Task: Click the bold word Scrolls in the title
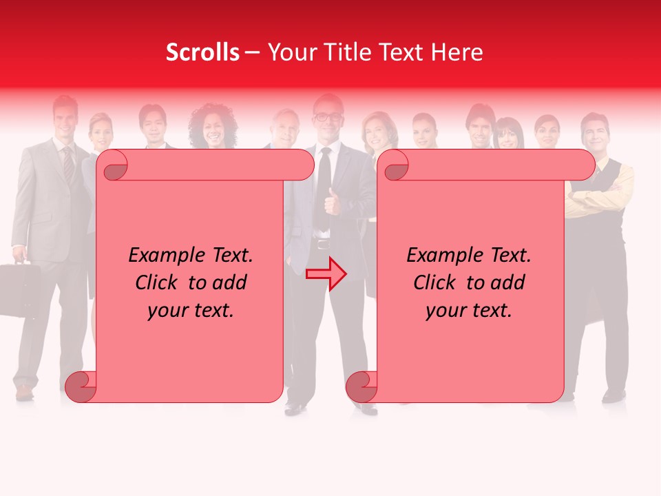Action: (x=202, y=52)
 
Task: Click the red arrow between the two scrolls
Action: (x=326, y=274)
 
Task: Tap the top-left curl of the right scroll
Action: (x=396, y=166)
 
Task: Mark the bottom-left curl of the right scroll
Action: (x=361, y=386)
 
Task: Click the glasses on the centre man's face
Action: (x=328, y=117)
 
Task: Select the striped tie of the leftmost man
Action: (x=68, y=162)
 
